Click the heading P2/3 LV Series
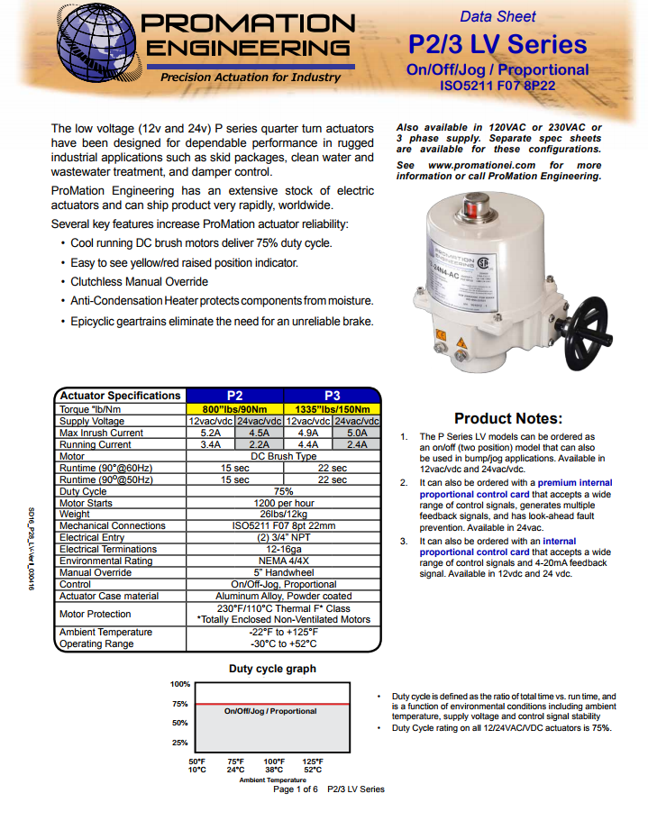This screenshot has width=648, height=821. (x=497, y=44)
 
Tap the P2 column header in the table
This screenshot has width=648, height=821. (x=234, y=395)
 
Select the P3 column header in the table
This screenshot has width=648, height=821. (x=332, y=395)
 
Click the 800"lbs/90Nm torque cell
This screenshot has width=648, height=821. (x=234, y=408)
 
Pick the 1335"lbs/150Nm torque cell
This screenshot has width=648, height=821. (x=332, y=408)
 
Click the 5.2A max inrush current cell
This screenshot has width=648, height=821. (x=210, y=433)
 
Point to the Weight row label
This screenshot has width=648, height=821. (x=75, y=515)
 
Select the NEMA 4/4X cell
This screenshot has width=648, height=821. (x=283, y=561)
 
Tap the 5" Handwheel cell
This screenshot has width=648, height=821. (x=283, y=572)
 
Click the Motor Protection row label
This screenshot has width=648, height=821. (x=96, y=614)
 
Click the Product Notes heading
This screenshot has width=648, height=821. (x=508, y=418)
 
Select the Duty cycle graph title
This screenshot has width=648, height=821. (x=272, y=669)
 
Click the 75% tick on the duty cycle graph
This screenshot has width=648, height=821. (x=180, y=704)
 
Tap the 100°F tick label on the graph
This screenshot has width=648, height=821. (x=274, y=762)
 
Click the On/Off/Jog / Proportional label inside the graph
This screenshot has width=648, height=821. (x=270, y=711)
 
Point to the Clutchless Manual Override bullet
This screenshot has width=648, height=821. (x=139, y=282)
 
